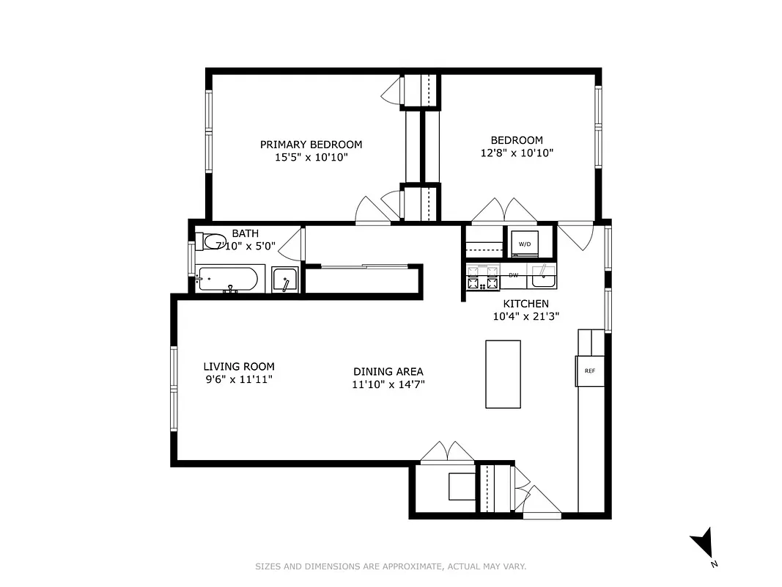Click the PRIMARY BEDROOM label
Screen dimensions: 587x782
coord(311,145)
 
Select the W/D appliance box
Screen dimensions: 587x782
coord(525,244)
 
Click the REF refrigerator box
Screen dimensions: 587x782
coord(589,371)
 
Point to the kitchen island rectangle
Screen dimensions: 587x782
coord(503,373)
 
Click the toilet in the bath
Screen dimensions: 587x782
coord(213,241)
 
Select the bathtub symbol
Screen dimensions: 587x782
coord(228,279)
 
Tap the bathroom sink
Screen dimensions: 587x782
coord(284,280)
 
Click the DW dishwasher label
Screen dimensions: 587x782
coord(514,275)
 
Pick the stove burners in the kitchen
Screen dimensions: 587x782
coord(482,278)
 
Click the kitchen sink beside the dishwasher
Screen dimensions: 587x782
coord(543,277)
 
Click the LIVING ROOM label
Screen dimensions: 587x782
coord(239,367)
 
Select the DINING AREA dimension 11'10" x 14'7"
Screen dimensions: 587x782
coord(388,384)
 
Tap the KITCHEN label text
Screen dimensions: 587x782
coord(525,304)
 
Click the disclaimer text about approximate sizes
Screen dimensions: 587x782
coord(391,566)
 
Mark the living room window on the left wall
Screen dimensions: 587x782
coord(174,388)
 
